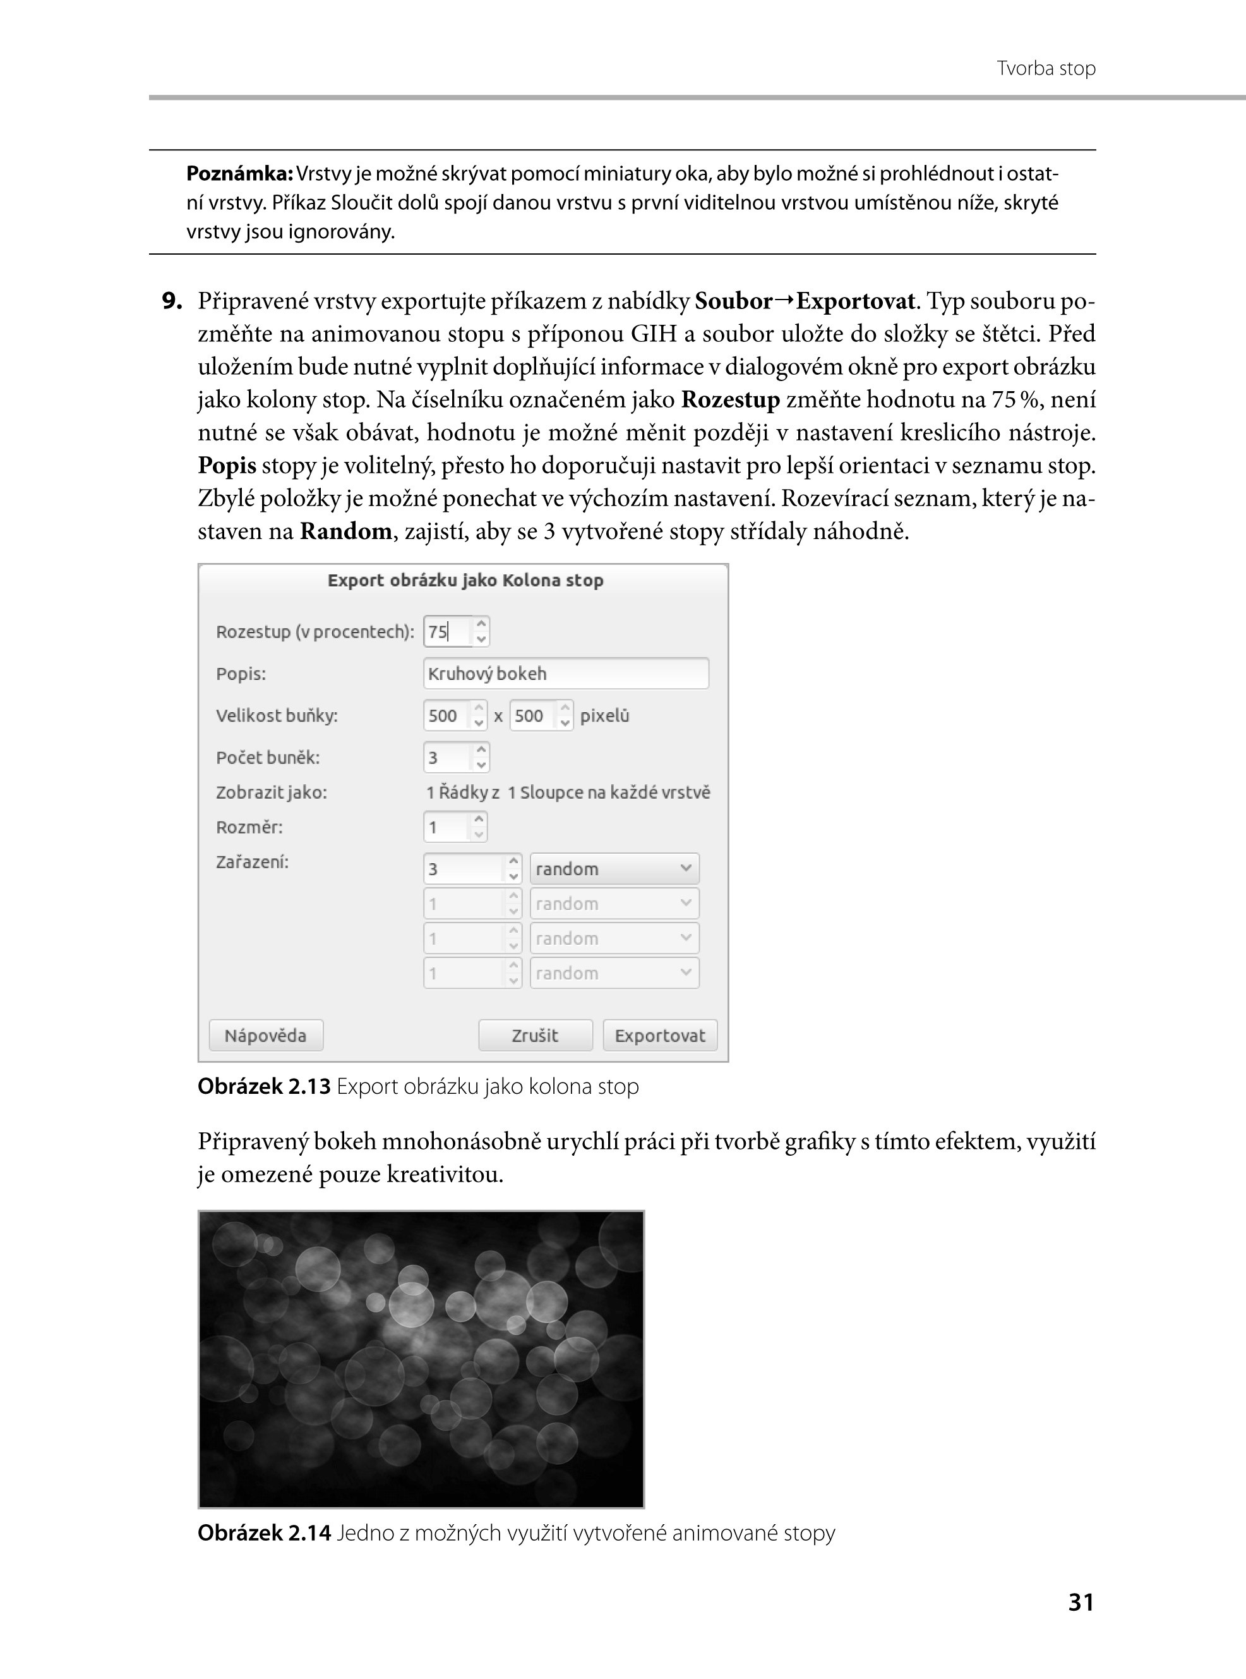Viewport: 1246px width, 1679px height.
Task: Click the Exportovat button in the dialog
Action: click(x=659, y=1035)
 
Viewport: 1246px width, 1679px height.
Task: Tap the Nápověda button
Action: click(x=265, y=1035)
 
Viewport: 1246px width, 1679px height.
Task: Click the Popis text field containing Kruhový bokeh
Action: click(x=566, y=673)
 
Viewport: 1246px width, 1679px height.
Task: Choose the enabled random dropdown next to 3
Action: click(x=614, y=868)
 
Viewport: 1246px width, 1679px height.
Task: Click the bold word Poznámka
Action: click(x=239, y=174)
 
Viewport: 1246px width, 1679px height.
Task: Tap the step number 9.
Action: click(x=172, y=301)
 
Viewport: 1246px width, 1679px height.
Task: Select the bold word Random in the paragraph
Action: click(x=345, y=532)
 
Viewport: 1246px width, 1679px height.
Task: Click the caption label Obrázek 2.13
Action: click(x=264, y=1087)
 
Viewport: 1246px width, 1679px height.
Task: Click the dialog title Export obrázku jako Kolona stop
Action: click(x=465, y=580)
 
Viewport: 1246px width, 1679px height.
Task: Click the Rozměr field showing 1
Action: click(x=446, y=827)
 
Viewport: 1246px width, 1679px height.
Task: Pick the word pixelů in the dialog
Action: click(x=604, y=715)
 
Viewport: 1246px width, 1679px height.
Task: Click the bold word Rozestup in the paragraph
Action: click(x=730, y=400)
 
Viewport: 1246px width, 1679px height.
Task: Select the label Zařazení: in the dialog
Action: click(x=252, y=862)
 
